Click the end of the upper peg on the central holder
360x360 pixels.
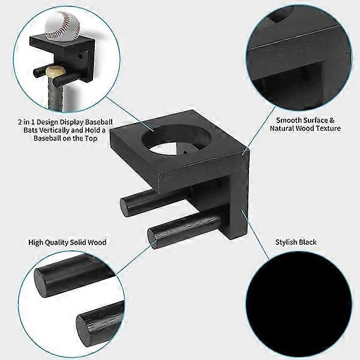(128, 206)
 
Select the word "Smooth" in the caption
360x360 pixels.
(289, 120)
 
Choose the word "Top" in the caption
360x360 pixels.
(103, 138)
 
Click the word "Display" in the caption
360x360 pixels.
(83, 121)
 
